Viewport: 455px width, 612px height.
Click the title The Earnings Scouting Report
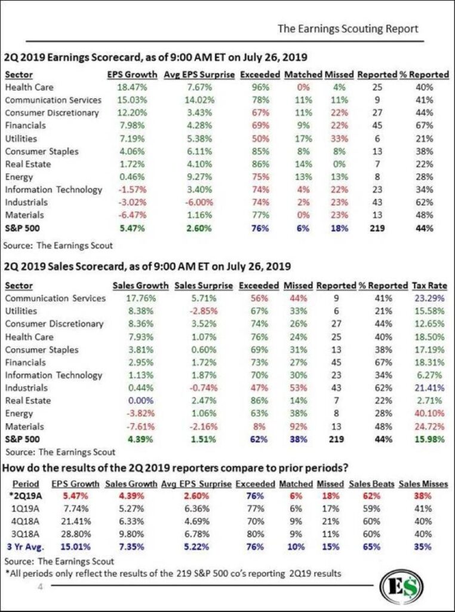(x=348, y=29)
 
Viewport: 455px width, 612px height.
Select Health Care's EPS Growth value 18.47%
(x=132, y=87)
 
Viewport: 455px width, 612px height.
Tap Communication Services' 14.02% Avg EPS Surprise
(x=199, y=100)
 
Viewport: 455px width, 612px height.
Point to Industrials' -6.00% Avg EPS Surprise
(x=199, y=202)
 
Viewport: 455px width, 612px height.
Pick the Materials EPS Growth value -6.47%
(x=132, y=215)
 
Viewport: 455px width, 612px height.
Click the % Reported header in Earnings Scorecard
(x=424, y=75)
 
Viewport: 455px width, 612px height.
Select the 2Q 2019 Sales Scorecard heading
(x=147, y=267)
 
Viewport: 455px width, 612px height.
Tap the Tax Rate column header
(x=429, y=285)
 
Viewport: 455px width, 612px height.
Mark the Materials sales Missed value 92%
(x=298, y=426)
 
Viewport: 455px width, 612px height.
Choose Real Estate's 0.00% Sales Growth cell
(x=140, y=400)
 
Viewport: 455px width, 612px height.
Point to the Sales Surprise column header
(x=204, y=285)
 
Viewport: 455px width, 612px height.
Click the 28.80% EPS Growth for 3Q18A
(x=76, y=534)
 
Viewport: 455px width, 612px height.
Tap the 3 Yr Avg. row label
(x=24, y=546)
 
